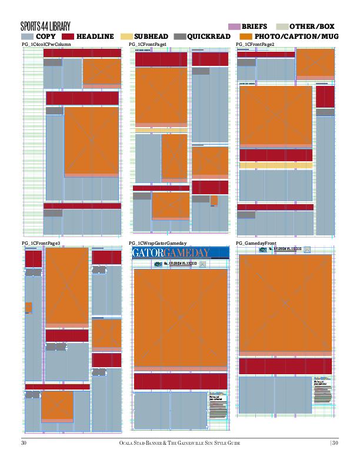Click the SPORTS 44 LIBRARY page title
pyautogui.click(x=45, y=26)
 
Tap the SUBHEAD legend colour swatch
pyautogui.click(x=126, y=36)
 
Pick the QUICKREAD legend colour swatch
pyautogui.click(x=179, y=36)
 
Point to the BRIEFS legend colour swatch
pyautogui.click(x=234, y=26)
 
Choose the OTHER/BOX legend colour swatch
pyautogui.click(x=281, y=26)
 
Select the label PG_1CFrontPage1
pyautogui.click(x=148, y=45)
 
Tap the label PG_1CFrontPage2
pyautogui.click(x=255, y=45)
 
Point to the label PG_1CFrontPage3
pyautogui.click(x=41, y=243)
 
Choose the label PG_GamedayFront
pyautogui.click(x=256, y=243)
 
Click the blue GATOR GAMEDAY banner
pyautogui.click(x=179, y=253)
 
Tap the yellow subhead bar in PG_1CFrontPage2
pyautogui.click(x=276, y=166)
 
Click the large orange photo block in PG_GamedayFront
pyautogui.click(x=285, y=303)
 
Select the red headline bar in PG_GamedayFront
pyautogui.click(x=285, y=365)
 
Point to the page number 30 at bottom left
pyautogui.click(x=25, y=442)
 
